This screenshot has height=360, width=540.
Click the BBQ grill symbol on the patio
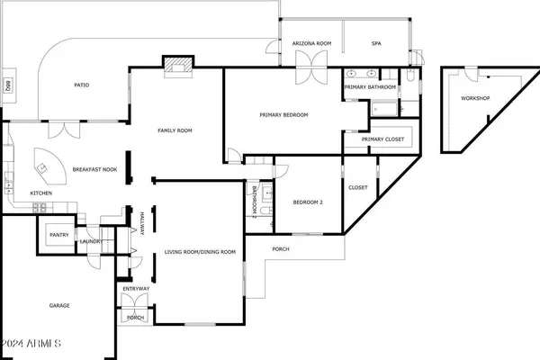tap(7, 85)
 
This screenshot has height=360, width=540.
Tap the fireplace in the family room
tap(177, 65)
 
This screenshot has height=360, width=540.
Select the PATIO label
tap(82, 85)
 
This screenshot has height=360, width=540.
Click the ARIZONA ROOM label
tap(311, 43)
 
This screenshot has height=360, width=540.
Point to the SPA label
tap(376, 43)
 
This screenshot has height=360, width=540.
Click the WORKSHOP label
tap(475, 98)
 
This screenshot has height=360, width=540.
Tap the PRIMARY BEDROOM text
tap(283, 114)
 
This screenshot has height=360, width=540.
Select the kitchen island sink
tap(42, 168)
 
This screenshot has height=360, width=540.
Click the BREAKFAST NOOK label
tap(94, 169)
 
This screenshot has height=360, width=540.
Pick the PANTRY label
tap(59, 235)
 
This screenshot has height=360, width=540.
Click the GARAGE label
tap(59, 306)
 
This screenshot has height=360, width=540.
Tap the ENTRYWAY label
tap(136, 289)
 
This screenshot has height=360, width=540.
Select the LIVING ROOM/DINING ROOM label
tap(200, 252)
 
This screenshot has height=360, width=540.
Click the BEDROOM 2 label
tap(308, 202)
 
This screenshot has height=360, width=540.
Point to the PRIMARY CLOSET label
tap(382, 139)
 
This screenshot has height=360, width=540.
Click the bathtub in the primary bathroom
tap(384, 110)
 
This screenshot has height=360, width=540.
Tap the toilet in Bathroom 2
tap(266, 211)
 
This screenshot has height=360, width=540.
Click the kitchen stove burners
tap(40, 208)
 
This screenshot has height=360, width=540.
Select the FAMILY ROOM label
tap(175, 130)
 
